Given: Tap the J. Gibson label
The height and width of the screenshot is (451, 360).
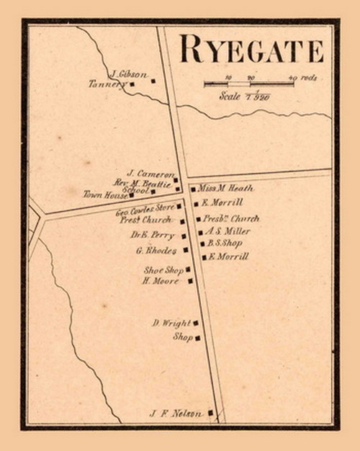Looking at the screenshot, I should (130, 73).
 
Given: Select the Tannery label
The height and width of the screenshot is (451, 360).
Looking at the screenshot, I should (107, 84).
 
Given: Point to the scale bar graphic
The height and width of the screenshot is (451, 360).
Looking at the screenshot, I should (249, 84).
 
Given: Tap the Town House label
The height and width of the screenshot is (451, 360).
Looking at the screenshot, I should (105, 195).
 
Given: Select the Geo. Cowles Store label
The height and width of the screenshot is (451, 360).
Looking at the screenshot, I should (145, 211).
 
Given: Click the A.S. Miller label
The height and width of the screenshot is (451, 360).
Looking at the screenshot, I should (228, 231).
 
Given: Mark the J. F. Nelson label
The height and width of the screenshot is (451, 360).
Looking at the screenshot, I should (176, 414).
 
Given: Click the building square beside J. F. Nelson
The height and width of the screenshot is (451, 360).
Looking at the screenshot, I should (210, 413).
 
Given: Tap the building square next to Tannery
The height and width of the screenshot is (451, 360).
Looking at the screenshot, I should (132, 84).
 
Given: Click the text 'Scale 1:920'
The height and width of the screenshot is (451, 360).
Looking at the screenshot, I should (245, 96).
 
